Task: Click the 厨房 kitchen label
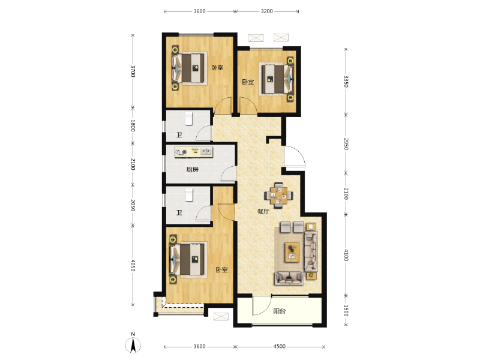click(192, 170)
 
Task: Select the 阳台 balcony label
click(279, 311)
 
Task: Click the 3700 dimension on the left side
click(133, 71)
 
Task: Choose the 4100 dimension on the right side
click(346, 256)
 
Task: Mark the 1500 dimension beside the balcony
click(346, 311)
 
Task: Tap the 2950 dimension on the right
click(346, 144)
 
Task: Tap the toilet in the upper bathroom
click(188, 118)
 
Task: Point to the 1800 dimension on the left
click(133, 126)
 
